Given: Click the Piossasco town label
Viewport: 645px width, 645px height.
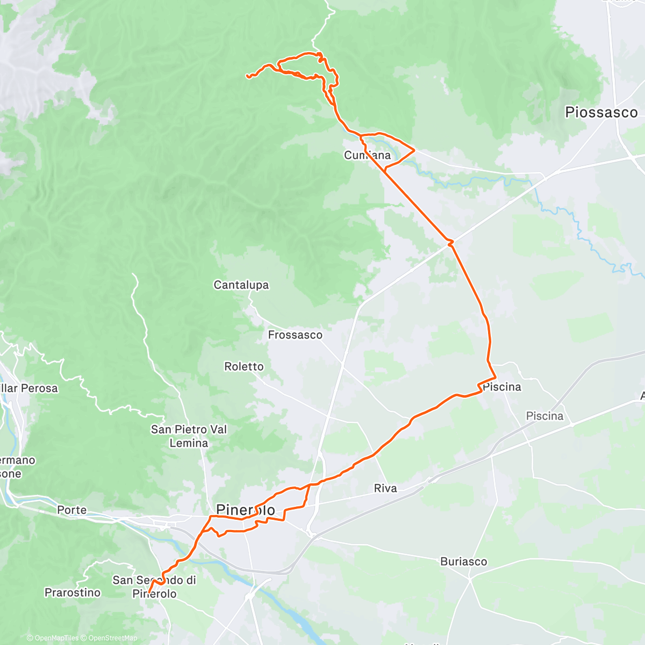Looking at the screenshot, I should (601, 112).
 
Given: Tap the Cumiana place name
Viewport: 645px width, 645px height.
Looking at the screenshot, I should (367, 155).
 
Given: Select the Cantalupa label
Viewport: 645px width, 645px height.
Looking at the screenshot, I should (241, 285).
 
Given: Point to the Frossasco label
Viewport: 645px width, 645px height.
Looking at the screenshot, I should (295, 335).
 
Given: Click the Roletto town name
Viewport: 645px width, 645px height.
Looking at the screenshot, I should (244, 367).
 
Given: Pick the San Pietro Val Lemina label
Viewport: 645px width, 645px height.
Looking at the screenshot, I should (189, 436).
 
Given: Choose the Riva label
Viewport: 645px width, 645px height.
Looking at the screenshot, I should (385, 488).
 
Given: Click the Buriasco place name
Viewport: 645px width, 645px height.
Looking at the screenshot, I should (463, 562).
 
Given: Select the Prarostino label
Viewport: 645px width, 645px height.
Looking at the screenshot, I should (73, 592).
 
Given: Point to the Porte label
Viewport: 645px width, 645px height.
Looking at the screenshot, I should (71, 510).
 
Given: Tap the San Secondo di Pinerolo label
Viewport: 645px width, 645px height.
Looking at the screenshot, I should (154, 586).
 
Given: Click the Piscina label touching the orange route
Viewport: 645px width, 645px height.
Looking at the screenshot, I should (501, 387).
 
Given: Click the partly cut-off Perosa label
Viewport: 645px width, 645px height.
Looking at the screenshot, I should (29, 388).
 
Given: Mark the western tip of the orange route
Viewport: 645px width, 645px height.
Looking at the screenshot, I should (247, 76).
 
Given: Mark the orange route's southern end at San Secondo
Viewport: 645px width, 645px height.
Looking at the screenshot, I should (148, 593).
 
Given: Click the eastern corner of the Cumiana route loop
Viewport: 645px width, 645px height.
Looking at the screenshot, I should (414, 151).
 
